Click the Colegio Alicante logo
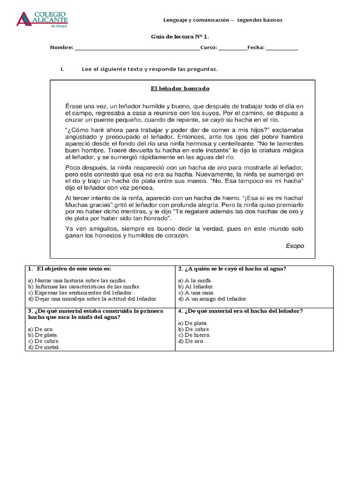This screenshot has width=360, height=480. [42, 18]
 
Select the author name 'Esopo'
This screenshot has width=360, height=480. [294, 245]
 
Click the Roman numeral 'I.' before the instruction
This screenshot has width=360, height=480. [62, 69]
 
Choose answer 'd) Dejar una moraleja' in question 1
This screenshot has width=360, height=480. [93, 299]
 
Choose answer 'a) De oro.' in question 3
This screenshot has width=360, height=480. [41, 330]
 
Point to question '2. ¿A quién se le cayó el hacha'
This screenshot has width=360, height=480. [232, 269]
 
